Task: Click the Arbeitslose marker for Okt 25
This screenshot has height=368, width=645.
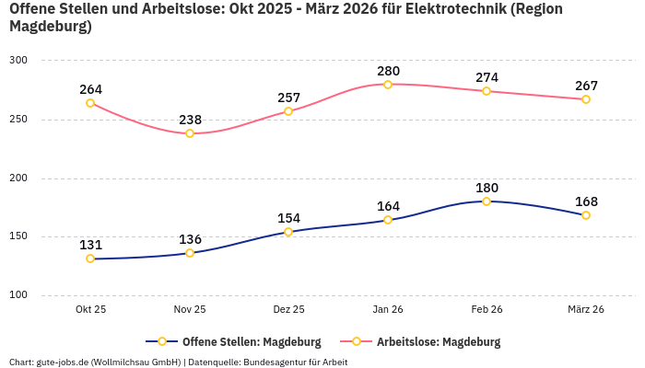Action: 90,103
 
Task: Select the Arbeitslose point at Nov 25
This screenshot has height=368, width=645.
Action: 190,133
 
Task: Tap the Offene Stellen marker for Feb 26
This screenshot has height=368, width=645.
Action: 487,201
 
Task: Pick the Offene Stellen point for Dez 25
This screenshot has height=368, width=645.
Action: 288,232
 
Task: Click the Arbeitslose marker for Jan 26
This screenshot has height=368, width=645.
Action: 388,85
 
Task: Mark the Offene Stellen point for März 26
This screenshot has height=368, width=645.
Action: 586,215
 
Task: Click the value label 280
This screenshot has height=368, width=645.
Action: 388,71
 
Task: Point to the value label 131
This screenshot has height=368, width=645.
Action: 90,245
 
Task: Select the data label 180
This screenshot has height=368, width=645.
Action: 487,188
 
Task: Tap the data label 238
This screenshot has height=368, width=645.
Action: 190,120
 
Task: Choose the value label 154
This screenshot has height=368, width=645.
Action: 288,218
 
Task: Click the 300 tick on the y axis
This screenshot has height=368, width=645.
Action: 18,61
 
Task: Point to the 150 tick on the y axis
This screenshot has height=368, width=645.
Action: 18,236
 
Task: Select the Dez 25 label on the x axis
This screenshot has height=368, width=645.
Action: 288,310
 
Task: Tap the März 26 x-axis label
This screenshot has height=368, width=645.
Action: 586,310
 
